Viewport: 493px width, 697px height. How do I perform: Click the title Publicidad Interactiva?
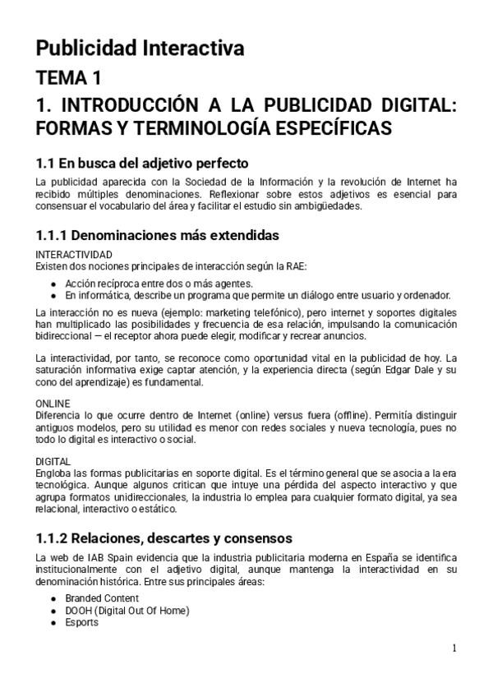coord(140,48)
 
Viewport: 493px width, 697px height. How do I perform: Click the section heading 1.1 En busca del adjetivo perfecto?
coord(142,163)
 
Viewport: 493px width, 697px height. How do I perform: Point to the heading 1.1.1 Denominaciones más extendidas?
coord(157,236)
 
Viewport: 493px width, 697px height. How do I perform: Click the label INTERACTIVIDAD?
coord(74,255)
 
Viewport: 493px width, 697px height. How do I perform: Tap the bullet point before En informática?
coord(53,295)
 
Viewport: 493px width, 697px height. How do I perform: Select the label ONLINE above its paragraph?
coord(53,404)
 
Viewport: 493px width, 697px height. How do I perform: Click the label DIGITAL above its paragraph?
coord(53,461)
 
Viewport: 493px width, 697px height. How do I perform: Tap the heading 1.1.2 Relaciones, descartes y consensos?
coord(164,539)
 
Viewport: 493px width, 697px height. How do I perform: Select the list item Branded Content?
coord(102,598)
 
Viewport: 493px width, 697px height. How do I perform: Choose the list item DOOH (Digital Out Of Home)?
coord(127,611)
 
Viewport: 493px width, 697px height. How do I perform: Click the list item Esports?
coord(82,622)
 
